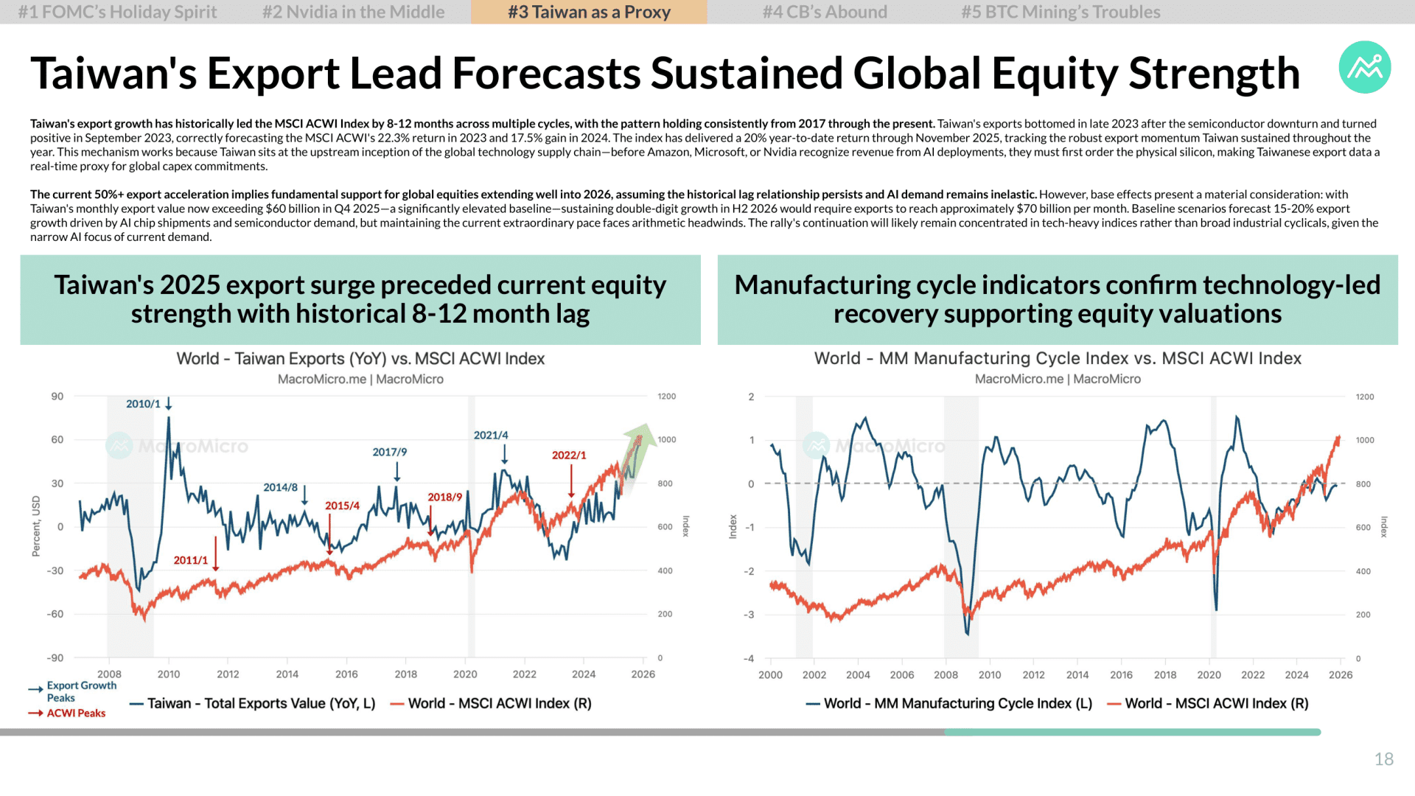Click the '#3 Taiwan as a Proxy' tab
click(589, 12)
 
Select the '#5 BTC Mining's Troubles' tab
click(1061, 12)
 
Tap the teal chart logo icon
click(1365, 67)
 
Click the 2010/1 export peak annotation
click(143, 404)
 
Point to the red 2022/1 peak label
click(569, 455)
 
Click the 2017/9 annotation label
click(390, 452)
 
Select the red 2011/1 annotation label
click(191, 560)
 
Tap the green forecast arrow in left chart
click(637, 449)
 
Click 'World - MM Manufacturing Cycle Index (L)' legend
click(949, 704)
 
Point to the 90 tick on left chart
click(57, 397)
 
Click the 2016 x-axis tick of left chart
click(346, 674)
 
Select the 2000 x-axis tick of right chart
click(770, 675)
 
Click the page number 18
click(1384, 759)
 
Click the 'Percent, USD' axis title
click(36, 526)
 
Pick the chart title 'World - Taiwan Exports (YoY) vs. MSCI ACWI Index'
click(360, 359)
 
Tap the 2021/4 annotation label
click(491, 436)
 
